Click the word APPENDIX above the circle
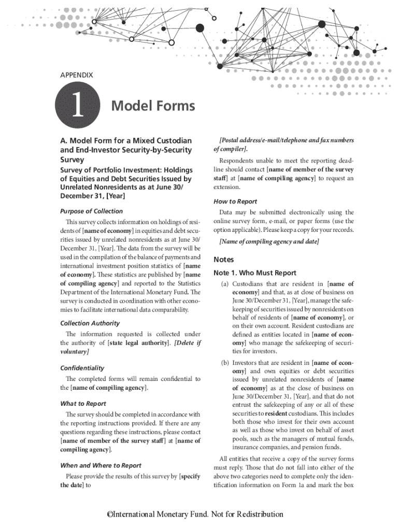(77, 75)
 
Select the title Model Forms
(153, 106)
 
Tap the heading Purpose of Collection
(92, 211)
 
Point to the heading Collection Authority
(90, 323)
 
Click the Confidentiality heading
(82, 368)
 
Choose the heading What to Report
(83, 403)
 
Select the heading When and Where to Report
(101, 465)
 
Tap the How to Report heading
(235, 201)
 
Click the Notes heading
(224, 259)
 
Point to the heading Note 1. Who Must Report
(255, 273)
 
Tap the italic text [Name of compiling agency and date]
(269, 242)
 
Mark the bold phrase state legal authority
(139, 343)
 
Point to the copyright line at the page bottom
(195, 514)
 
